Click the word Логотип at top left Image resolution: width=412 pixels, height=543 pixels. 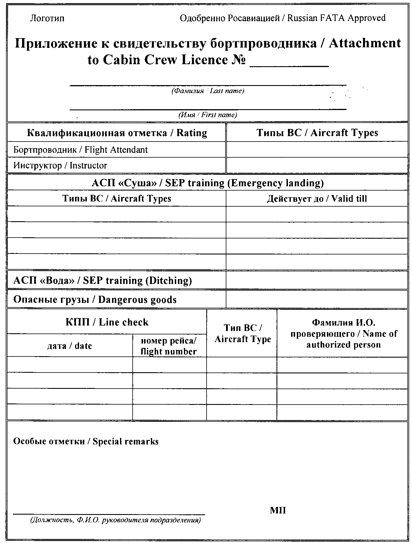click(47, 18)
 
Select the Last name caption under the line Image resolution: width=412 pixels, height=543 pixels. click(208, 91)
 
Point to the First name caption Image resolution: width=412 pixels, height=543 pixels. click(208, 115)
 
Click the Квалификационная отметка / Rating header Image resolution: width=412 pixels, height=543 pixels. click(117, 133)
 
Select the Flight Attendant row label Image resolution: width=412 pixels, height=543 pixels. click(81, 150)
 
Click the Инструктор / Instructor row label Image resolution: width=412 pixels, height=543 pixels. click(60, 165)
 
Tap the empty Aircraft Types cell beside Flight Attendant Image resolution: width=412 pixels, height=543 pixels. click(317, 150)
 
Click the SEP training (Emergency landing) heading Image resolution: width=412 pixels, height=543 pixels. click(208, 183)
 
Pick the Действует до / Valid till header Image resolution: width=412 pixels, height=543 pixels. click(317, 199)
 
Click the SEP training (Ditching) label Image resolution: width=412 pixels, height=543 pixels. click(103, 280)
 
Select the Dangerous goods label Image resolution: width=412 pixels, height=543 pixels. click(95, 299)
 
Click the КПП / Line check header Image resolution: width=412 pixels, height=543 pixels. click(107, 322)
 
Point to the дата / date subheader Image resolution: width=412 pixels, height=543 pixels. click(70, 346)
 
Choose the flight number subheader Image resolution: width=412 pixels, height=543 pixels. click(169, 346)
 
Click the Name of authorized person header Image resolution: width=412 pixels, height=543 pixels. click(344, 334)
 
